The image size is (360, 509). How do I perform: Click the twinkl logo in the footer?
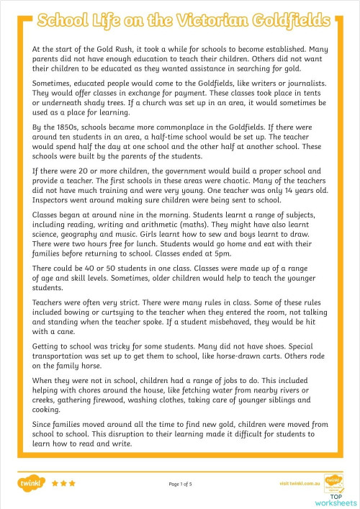(x=32, y=484)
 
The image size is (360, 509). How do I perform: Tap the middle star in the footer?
(x=63, y=484)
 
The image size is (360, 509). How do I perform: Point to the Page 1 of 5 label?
(x=179, y=485)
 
